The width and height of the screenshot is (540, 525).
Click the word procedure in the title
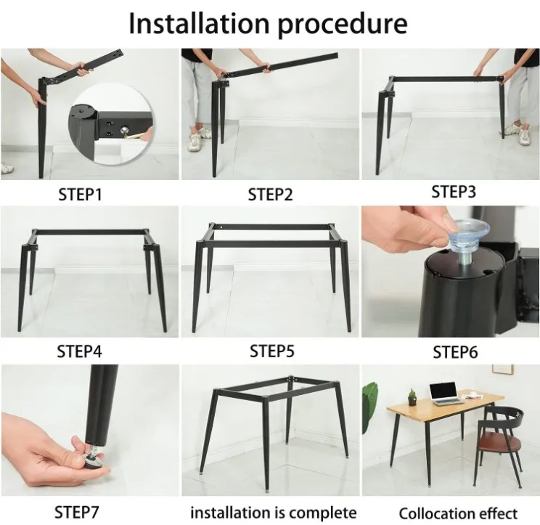(345, 25)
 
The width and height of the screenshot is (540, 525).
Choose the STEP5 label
(272, 351)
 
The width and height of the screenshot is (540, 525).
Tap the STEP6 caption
(456, 353)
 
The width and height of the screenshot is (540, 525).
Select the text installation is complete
(273, 512)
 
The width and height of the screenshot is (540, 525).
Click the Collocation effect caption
(458, 513)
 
